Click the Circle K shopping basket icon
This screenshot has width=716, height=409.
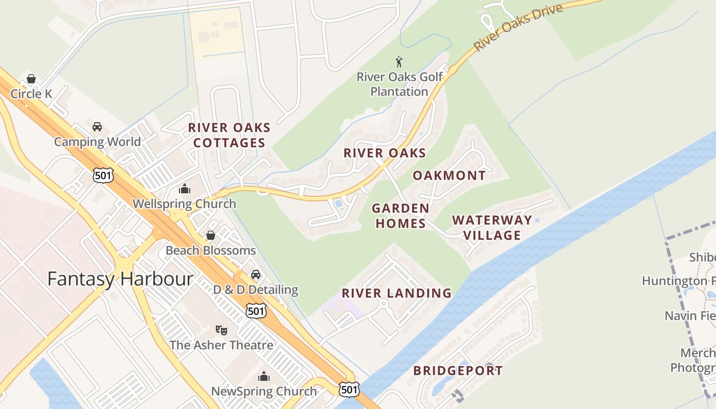click(31, 79)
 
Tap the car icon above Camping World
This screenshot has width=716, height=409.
click(97, 126)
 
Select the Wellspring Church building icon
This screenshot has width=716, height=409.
click(185, 189)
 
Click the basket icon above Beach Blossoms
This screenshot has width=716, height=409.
click(210, 235)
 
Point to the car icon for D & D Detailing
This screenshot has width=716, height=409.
click(256, 275)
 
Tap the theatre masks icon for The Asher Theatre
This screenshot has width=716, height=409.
click(221, 330)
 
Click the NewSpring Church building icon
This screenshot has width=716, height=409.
click(264, 377)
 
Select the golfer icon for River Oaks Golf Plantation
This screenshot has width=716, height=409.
click(399, 62)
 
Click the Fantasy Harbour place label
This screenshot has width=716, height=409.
click(120, 279)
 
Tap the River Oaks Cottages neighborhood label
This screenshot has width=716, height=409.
click(229, 135)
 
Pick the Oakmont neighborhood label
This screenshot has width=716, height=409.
click(449, 175)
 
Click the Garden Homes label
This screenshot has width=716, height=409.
click(400, 216)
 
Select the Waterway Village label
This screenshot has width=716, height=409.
click(492, 228)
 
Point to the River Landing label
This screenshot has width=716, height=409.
click(396, 293)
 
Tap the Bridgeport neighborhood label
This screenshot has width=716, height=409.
click(458, 371)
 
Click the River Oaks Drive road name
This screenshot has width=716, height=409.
click(519, 27)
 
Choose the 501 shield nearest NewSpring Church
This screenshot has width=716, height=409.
click(349, 390)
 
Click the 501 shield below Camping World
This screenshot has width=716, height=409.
click(103, 175)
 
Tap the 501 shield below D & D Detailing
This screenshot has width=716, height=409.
click(256, 310)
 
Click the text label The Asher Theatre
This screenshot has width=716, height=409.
click(221, 345)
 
